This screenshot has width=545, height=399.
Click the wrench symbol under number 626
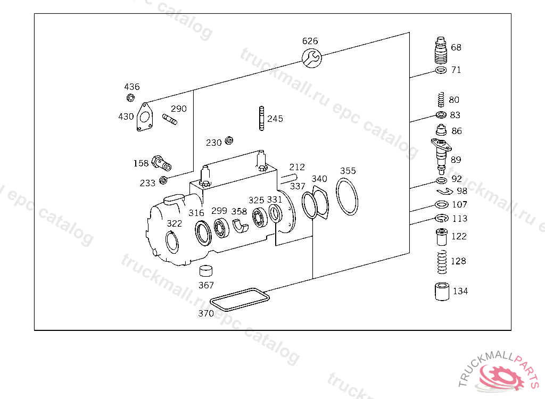[311, 57]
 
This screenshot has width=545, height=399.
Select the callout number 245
[275, 119]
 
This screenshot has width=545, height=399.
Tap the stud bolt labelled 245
[261, 119]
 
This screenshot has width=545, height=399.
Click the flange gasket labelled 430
[145, 117]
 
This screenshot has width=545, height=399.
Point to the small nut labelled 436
[131, 98]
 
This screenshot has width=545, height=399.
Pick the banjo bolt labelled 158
[161, 163]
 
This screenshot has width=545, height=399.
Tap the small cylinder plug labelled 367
[206, 271]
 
